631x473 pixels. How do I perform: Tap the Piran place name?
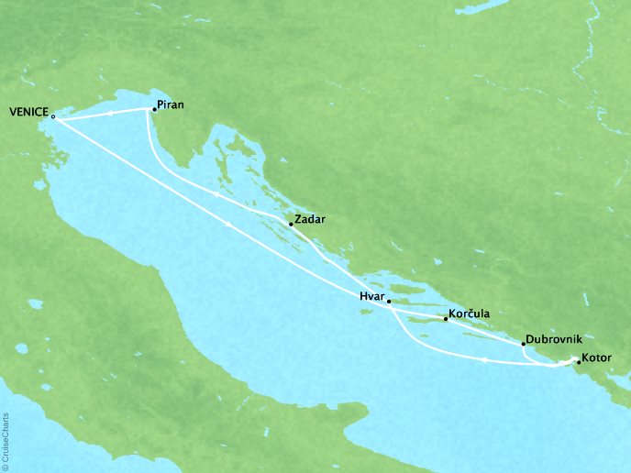tap(172, 104)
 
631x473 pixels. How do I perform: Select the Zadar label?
tap(310, 220)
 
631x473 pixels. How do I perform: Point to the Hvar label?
tap(371, 296)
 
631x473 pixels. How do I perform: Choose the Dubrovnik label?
tap(555, 338)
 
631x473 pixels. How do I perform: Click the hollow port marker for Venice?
tap(53, 116)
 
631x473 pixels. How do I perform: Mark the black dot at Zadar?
tap(291, 225)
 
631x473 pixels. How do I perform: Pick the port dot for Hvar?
tap(389, 301)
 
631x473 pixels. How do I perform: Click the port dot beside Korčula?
tap(445, 319)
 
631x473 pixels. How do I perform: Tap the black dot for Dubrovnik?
tap(523, 344)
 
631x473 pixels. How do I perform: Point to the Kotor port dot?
tap(579, 362)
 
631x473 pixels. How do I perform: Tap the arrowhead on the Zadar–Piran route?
tap(215, 193)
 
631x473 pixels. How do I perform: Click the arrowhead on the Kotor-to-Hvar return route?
tap(482, 360)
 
